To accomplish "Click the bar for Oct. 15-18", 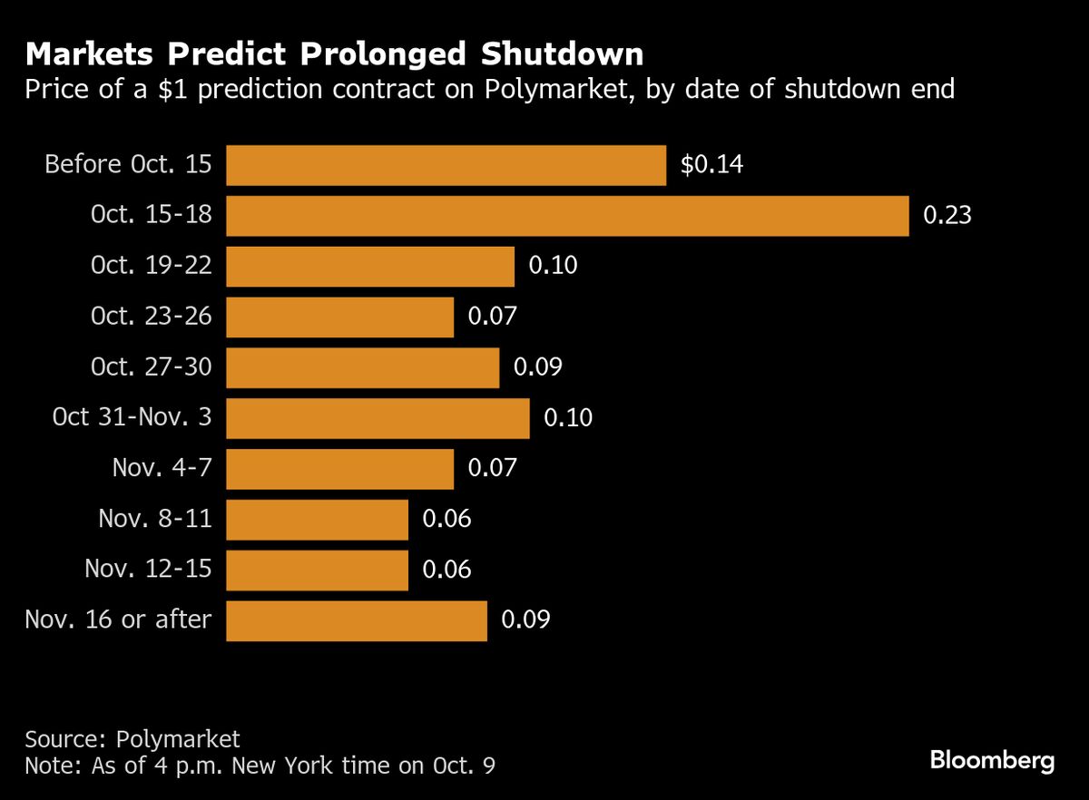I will [567, 216].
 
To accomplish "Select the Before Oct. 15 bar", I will [446, 165].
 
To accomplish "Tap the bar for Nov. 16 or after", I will [357, 620].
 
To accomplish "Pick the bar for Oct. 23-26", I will [339, 317].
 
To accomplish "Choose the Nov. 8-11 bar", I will [317, 519].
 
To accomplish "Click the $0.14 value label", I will [712, 165].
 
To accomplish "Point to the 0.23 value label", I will [947, 216].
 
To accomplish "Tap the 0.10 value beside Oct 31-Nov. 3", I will [568, 418].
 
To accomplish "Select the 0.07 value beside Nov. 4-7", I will [492, 468].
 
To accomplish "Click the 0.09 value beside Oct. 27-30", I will [538, 367].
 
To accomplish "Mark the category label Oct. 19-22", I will [152, 266].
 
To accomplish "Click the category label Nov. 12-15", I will [148, 570].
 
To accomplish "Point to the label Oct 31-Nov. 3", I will [132, 418].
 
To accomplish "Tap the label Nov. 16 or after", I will [118, 620].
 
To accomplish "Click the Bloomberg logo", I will [993, 760].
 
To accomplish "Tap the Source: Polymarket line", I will [132, 737].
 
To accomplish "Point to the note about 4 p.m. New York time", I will [260, 765].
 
